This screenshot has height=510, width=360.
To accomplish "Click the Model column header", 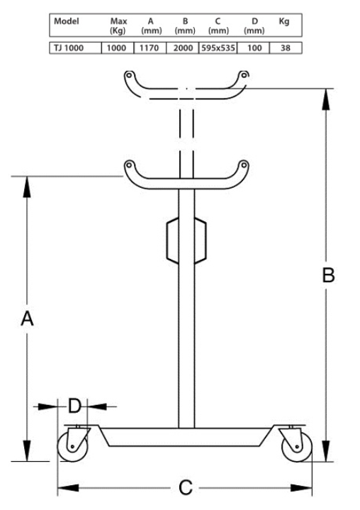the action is [67, 21].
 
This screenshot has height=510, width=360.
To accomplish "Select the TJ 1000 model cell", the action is [69, 48].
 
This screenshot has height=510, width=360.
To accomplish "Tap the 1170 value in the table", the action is [149, 48].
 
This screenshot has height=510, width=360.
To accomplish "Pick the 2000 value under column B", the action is [183, 48].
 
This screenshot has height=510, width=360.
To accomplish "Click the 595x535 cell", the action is [218, 48].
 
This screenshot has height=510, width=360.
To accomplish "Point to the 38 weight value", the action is [286, 48].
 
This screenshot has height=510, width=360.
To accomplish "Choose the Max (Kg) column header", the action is [118, 26].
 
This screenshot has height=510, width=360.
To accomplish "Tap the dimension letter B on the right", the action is [328, 275].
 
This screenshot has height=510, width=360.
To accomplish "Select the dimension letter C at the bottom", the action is [186, 488].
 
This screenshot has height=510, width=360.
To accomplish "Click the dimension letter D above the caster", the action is [74, 406].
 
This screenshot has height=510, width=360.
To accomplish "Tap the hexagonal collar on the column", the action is [186, 240].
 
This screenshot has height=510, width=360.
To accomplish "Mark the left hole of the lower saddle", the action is [129, 165].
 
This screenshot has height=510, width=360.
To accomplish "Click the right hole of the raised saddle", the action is [244, 75].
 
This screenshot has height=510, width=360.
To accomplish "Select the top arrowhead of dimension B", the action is [326, 99].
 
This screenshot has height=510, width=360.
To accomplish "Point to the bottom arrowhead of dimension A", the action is [27, 451].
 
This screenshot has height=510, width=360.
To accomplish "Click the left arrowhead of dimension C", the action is [68, 487].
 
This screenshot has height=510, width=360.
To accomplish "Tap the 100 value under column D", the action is [254, 48].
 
